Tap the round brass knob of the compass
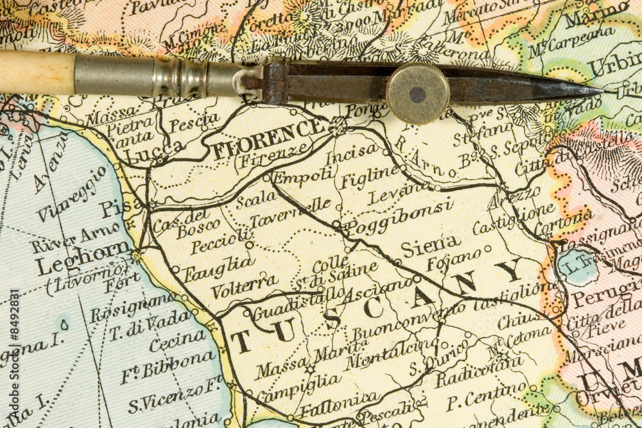(417, 94)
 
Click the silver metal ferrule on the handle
(116, 76)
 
